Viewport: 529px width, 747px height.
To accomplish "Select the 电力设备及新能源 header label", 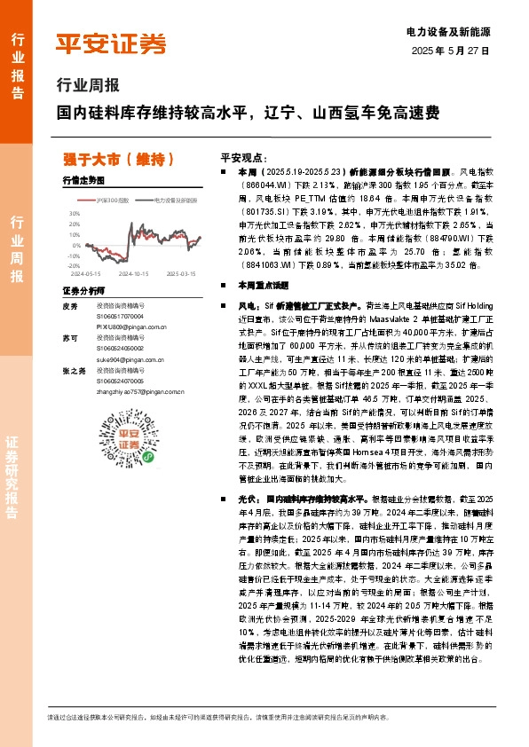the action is click(454, 32).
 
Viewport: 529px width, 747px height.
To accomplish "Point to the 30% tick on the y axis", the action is click(75, 214).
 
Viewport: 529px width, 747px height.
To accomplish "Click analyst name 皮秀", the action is click(71, 306).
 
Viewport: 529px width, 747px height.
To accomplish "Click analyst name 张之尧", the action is click(74, 372).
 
